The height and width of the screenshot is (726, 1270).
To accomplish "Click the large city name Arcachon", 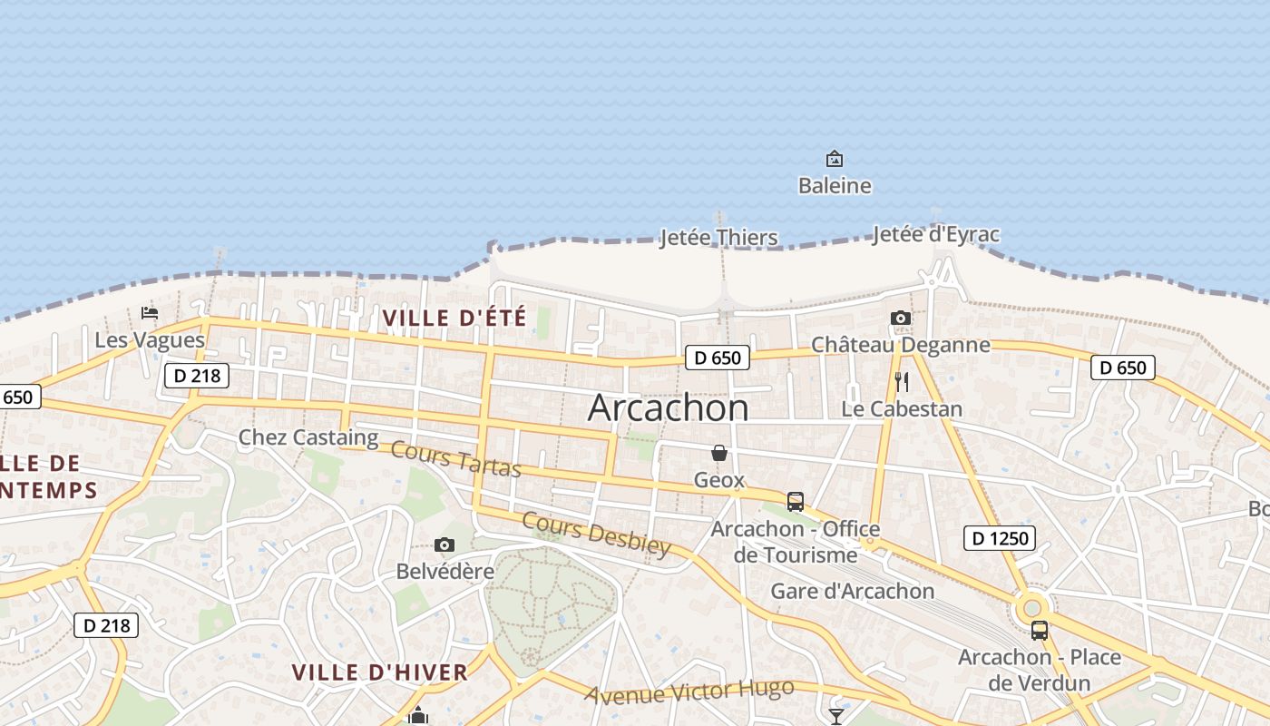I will point(668,407).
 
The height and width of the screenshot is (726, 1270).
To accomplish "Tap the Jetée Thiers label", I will point(718,238).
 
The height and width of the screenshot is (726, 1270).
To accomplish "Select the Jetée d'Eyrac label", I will point(935,234).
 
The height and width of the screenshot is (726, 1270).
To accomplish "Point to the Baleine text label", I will point(835,186).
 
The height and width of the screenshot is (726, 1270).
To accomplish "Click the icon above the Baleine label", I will point(835,160).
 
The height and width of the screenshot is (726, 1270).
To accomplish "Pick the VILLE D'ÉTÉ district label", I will point(454,319).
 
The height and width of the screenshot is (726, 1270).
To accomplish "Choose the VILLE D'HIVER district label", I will point(379,672).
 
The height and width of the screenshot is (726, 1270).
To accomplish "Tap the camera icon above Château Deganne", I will point(900,318).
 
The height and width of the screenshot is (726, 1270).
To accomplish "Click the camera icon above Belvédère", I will point(444,545).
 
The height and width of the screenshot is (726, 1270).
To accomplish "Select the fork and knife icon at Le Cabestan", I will point(901,382).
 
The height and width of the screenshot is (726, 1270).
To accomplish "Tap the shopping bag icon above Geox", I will point(719,453).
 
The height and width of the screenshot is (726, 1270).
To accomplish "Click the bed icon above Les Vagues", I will point(150,313).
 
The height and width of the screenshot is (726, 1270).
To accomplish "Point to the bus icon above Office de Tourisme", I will point(796,502).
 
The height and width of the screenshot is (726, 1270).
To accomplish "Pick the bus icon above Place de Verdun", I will point(1040,631).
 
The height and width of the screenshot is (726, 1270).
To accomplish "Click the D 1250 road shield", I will point(1001,538).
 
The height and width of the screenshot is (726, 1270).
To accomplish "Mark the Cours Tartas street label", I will point(456,459).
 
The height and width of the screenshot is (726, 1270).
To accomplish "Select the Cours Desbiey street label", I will point(596,535).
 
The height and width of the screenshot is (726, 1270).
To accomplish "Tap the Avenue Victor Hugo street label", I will point(689,692).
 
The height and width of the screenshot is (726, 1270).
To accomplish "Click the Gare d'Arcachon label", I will point(852,592).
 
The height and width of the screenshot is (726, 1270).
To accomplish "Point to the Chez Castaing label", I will point(308,437).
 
